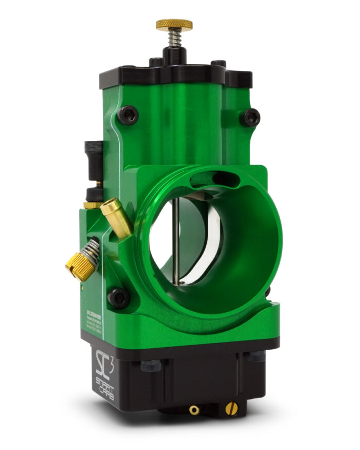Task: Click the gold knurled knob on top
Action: (174, 24)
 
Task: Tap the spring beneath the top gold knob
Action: (174, 39)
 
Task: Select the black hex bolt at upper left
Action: (128, 114)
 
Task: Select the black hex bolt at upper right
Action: (251, 117)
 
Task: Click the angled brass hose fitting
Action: (116, 218)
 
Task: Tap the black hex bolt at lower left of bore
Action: (118, 297)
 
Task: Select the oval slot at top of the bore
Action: (211, 179)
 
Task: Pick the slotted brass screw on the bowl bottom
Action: (231, 409)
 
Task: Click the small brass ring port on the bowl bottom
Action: (194, 410)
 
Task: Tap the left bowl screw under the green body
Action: (150, 365)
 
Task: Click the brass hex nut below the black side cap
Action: (93, 205)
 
